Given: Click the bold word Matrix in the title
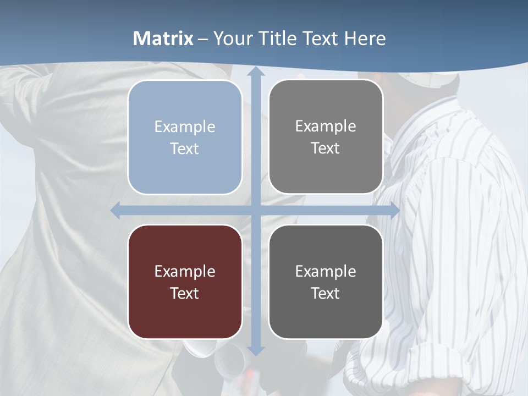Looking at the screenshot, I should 163,38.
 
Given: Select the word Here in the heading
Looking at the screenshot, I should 365,38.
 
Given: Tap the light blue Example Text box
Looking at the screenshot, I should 185,137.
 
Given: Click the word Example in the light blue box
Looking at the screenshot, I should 185,127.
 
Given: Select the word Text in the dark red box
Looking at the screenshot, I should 185,293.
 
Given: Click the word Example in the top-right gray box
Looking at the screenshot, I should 326,127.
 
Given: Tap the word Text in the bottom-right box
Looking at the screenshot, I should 326,293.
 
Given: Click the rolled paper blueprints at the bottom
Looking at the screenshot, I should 228,360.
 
